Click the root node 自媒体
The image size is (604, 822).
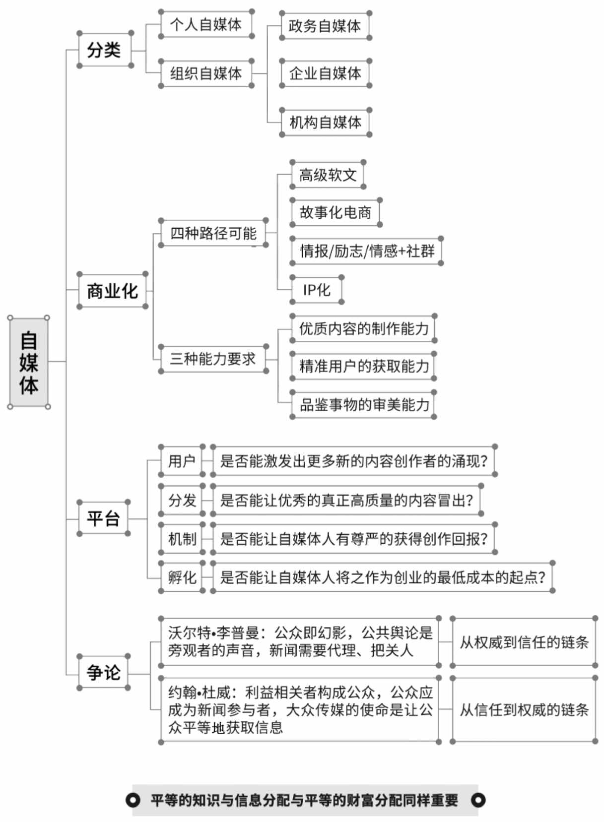[29, 362]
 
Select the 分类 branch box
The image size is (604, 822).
[105, 50]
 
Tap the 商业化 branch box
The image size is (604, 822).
[112, 290]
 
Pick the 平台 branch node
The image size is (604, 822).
[104, 518]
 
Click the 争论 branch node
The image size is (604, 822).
[104, 672]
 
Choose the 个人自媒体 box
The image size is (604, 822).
[206, 24]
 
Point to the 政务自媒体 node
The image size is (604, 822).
[325, 26]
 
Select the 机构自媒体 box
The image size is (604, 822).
[325, 122]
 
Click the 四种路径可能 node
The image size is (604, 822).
[213, 233]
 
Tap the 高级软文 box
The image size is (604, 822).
[328, 175]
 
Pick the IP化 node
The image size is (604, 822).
[317, 290]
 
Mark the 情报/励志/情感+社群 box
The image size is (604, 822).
[366, 251]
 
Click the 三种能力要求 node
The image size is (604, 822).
[213, 359]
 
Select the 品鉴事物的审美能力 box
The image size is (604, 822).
[363, 404]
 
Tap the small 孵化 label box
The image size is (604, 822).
[182, 577]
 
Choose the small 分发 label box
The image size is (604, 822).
[182, 500]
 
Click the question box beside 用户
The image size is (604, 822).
[354, 460]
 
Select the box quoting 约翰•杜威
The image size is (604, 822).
[300, 710]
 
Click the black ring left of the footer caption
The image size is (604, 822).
[133, 800]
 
